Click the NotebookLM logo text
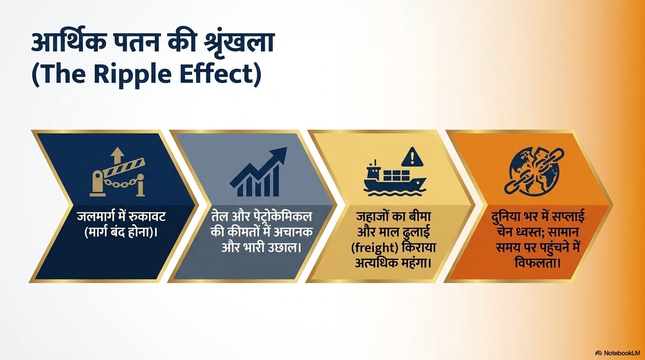tap(622, 353)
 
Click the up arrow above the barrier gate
tap(117, 157)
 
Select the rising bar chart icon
tap(258, 172)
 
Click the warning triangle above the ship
tap(412, 157)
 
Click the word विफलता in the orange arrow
tap(536, 262)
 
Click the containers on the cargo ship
tap(397, 175)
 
